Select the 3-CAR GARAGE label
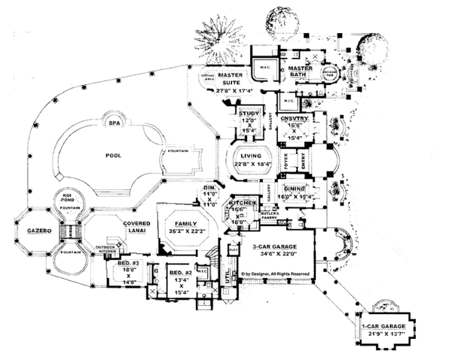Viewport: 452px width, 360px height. tap(284, 247)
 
